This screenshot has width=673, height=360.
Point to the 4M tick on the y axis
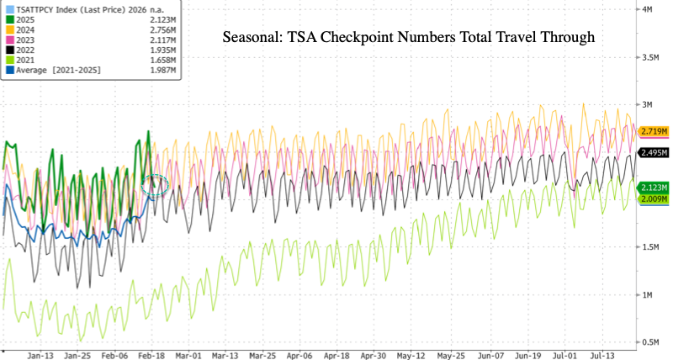point(648,9)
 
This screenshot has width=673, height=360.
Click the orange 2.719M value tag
point(654,132)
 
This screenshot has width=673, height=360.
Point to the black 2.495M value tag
point(654,152)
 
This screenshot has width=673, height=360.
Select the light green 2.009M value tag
point(654,199)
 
